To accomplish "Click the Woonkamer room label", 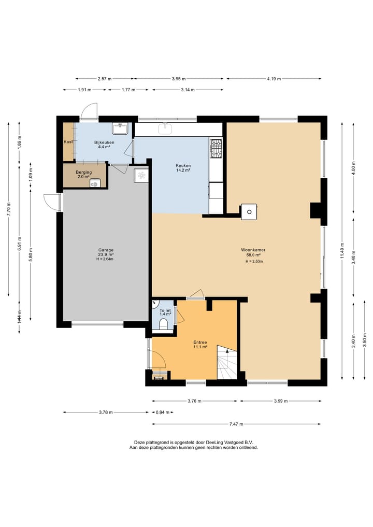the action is point(253,250).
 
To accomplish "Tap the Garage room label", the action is point(106,250).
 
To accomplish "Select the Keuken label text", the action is point(183,165).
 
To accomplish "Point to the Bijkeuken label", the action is point(104,142).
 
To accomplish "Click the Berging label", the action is point(84,172).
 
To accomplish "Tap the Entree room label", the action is point(200,343).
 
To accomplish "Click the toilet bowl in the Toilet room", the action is point(163,324).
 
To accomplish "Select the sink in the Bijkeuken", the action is point(120,129).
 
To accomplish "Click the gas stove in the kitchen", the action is point(216,149).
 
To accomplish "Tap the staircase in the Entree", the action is point(227,362).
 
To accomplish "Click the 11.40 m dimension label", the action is point(342,250).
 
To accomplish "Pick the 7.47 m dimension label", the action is point(236,424).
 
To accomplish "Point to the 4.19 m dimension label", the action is point(274,79).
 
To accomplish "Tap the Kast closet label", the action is point(68,142).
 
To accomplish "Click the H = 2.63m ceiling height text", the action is point(254,261).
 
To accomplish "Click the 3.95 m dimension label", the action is point(179,79).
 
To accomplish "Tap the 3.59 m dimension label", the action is point(281,401).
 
